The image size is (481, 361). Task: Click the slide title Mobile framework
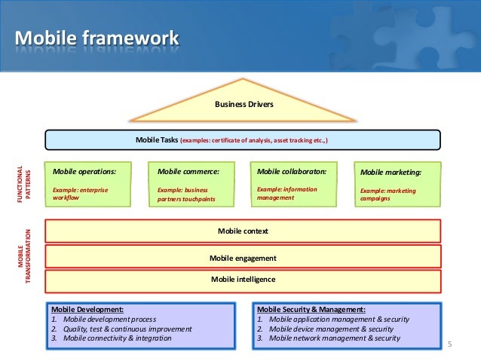click(97, 38)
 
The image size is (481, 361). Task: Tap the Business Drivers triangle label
click(244, 104)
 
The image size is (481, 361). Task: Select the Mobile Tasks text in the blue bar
click(157, 140)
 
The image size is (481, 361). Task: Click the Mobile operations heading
click(84, 171)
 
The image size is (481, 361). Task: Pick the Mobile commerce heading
click(188, 171)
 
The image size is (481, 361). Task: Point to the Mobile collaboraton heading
click(292, 171)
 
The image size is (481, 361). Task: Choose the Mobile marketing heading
click(391, 173)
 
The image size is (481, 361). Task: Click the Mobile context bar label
click(243, 231)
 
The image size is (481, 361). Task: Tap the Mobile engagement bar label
click(243, 259)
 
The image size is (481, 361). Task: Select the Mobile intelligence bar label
click(243, 280)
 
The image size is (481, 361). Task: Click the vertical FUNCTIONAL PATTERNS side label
click(23, 184)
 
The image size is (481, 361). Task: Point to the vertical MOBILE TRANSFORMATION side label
click(24, 256)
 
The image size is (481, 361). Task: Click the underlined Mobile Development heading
click(87, 310)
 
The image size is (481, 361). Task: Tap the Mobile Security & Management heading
click(311, 310)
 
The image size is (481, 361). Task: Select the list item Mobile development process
click(110, 320)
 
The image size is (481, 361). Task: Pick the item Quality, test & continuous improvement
click(127, 329)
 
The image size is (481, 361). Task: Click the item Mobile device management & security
click(331, 329)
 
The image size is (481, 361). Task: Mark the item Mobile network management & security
click(335, 338)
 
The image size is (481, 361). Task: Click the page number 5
click(449, 344)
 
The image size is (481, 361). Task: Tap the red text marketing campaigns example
click(388, 194)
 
